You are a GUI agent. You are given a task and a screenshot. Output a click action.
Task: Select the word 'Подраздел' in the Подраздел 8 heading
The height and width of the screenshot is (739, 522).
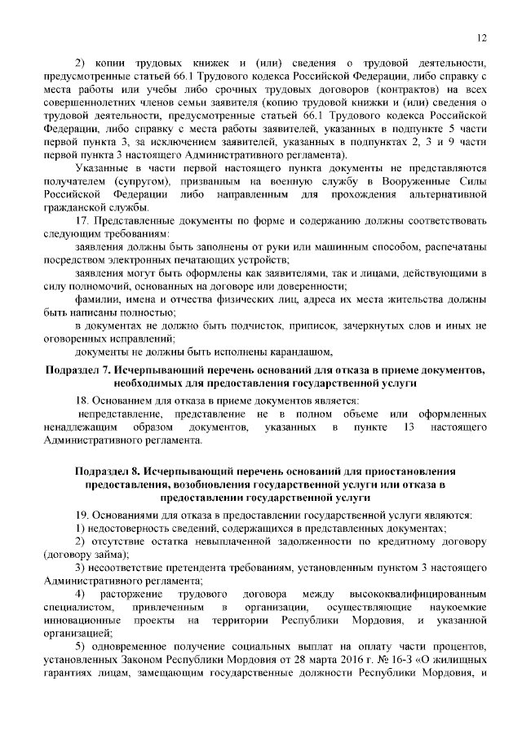102,471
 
